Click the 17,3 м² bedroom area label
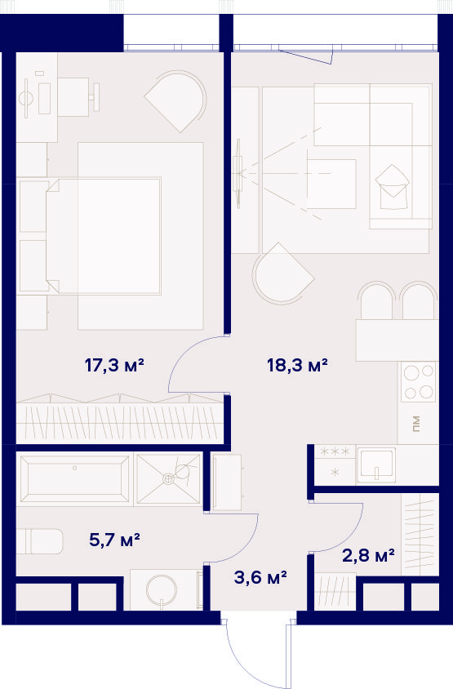114,365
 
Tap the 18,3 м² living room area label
297,365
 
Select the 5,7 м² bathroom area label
114,540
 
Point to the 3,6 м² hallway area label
260,577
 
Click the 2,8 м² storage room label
368,555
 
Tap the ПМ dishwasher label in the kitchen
416,424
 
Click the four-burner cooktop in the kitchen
418,382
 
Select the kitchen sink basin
375,465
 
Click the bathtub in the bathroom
75,478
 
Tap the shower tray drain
168,479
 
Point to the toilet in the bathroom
39,541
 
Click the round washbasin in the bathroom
162,589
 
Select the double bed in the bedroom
104,236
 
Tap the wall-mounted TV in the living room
238,174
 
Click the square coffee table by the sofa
331,184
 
